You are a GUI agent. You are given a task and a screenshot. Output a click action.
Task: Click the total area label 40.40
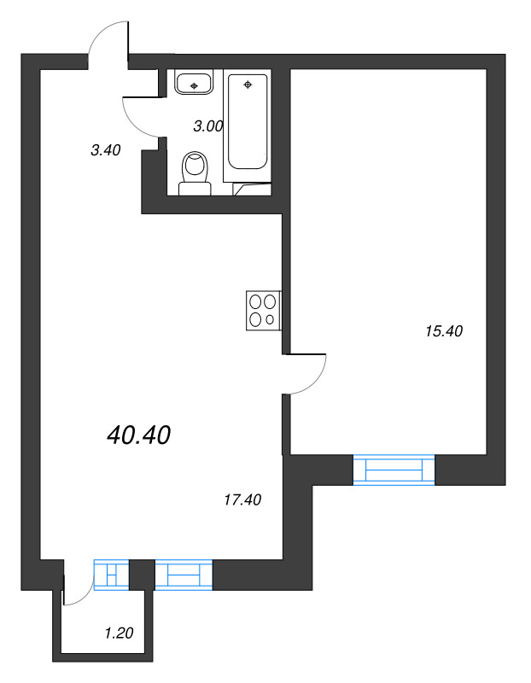pyautogui.click(x=140, y=435)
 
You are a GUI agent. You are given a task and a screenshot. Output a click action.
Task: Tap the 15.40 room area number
pyautogui.click(x=443, y=331)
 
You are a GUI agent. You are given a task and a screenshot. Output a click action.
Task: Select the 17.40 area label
pyautogui.click(x=242, y=500)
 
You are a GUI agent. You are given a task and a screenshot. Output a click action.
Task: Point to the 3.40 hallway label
pyautogui.click(x=105, y=150)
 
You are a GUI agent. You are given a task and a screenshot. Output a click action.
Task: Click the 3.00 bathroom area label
pyautogui.click(x=208, y=126)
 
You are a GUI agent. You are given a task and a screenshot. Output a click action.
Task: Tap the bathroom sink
pyautogui.click(x=195, y=84)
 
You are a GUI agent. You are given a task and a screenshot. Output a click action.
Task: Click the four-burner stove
pyautogui.click(x=263, y=311)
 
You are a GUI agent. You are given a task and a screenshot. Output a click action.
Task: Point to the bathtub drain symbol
pyautogui.click(x=248, y=84)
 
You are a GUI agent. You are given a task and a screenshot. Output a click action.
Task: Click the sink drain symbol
pyautogui.click(x=195, y=85)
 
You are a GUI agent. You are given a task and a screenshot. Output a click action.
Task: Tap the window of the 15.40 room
pyautogui.click(x=394, y=470)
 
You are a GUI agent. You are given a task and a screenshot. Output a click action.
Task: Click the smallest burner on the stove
pyautogui.click(x=271, y=320)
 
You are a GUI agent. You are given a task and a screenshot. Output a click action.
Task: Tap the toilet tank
pyautogui.click(x=195, y=189)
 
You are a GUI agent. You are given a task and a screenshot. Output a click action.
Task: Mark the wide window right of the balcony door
pyautogui.click(x=184, y=575)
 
